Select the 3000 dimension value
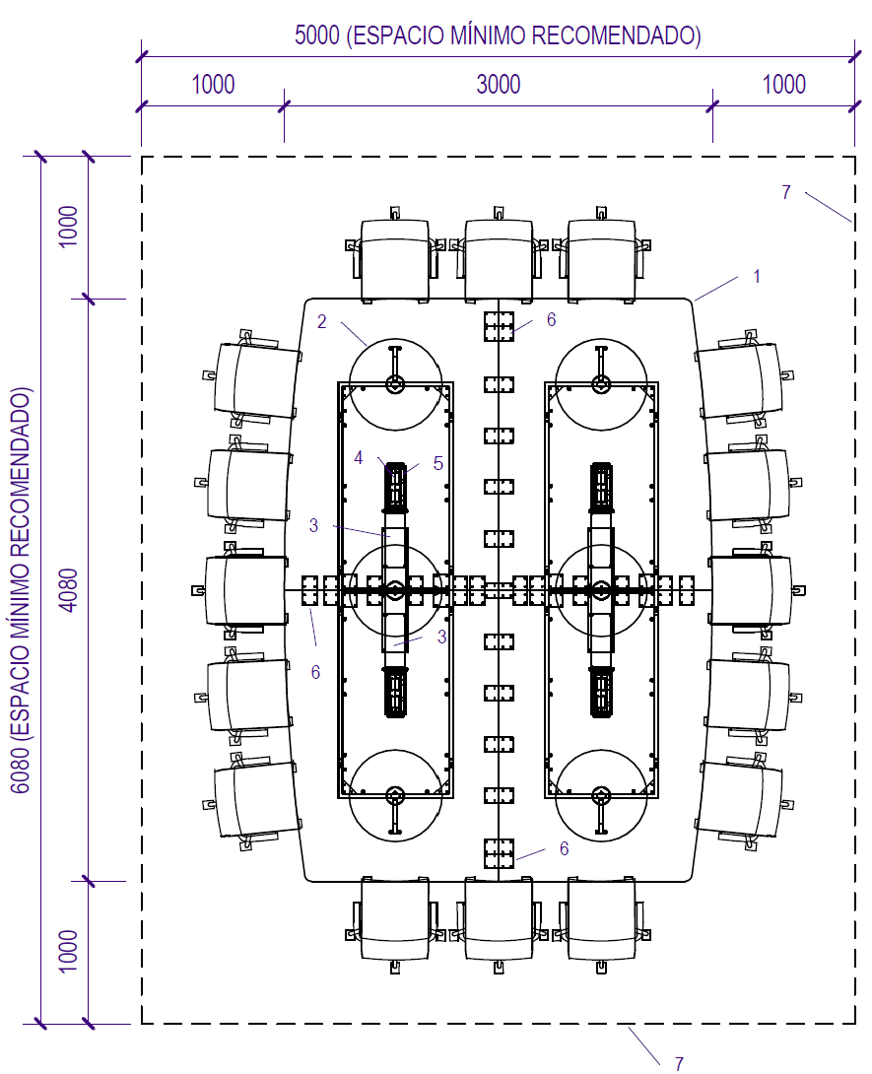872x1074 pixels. [499, 85]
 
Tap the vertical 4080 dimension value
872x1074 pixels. [69, 590]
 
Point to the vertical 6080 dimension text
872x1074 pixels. [22, 590]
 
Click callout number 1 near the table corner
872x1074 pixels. [757, 276]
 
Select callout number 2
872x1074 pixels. [322, 321]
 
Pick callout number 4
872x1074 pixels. [359, 457]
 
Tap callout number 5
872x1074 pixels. [438, 464]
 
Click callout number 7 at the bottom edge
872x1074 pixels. [679, 1063]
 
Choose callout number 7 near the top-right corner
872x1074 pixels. [786, 192]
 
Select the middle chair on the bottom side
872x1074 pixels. [499, 924]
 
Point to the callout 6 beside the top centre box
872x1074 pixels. [552, 320]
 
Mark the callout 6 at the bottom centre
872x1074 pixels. [564, 848]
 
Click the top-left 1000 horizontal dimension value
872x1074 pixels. [213, 85]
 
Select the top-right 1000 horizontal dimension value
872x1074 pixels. [783, 85]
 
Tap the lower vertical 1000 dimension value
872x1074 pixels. [69, 951]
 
